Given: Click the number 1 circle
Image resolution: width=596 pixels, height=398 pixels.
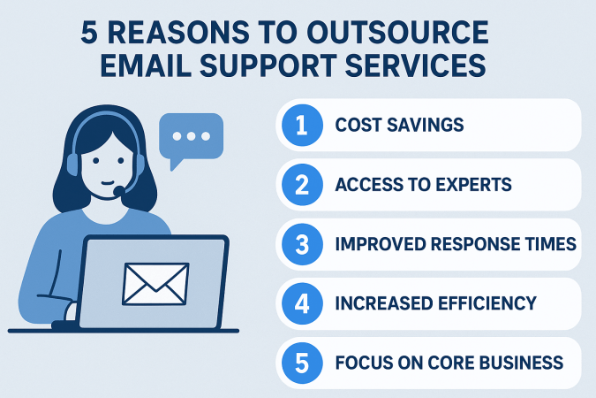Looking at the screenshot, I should (x=299, y=125).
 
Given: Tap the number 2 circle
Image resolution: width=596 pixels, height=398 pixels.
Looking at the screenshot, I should (x=299, y=184).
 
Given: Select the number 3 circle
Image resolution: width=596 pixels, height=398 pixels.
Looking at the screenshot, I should (x=299, y=244).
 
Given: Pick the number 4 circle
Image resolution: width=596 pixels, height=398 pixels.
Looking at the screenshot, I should (x=299, y=303).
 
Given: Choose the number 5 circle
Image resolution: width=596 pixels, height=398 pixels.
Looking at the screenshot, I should (x=299, y=363).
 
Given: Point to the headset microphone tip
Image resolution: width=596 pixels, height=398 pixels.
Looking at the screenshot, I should (x=117, y=191).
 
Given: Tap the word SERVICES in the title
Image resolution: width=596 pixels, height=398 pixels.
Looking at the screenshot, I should (x=411, y=67).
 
